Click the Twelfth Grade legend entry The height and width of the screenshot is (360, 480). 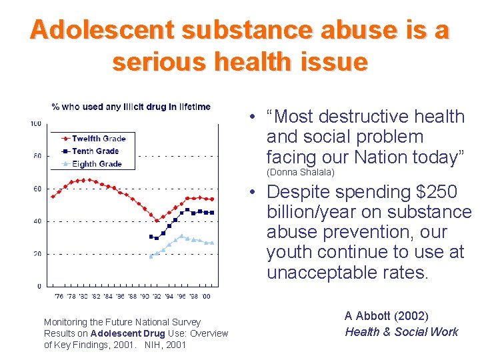pyautogui.click(x=99, y=139)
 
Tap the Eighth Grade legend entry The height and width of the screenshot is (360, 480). pyautogui.click(x=97, y=163)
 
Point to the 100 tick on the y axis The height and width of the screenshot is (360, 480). pyautogui.click(x=36, y=123)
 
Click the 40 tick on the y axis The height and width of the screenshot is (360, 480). pyautogui.click(x=37, y=221)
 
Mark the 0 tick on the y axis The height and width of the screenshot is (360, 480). pyautogui.click(x=39, y=287)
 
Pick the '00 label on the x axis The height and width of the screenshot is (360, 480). pyautogui.click(x=206, y=296)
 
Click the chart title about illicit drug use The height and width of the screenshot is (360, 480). pyautogui.click(x=131, y=107)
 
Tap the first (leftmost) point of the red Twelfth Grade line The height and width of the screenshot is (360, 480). pyautogui.click(x=53, y=196)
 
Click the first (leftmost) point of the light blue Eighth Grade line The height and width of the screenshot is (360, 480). pyautogui.click(x=151, y=256)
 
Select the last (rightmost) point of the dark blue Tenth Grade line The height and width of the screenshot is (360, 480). pyautogui.click(x=212, y=213)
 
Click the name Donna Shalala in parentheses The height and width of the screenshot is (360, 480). pyautogui.click(x=300, y=173)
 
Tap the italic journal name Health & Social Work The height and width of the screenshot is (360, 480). pyautogui.click(x=401, y=332)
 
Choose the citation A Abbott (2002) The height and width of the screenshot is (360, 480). pyautogui.click(x=386, y=316)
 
